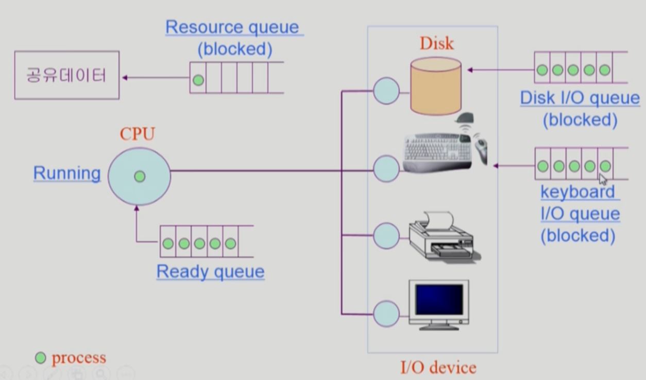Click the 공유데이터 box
click(66, 75)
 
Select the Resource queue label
click(234, 27)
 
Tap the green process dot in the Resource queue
click(198, 80)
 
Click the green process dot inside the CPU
click(139, 176)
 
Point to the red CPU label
click(137, 134)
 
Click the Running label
click(67, 173)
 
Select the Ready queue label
click(210, 272)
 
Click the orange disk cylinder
click(435, 86)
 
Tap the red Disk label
click(437, 43)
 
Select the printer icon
click(443, 236)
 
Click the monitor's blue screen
click(439, 300)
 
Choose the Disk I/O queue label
click(580, 98)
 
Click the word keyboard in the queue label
click(577, 192)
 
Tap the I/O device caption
click(438, 368)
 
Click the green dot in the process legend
click(40, 358)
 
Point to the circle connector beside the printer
click(386, 236)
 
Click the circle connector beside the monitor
click(386, 313)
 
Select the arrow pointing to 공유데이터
click(155, 78)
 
